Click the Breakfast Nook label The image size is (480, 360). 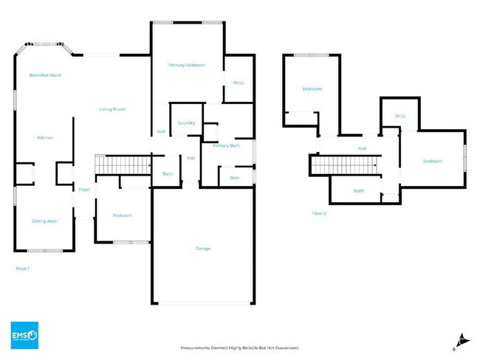45,75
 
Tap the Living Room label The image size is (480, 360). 113,109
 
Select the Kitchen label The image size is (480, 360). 45,138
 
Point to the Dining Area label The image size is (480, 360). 44,221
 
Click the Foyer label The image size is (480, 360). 85,190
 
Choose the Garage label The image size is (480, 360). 203,249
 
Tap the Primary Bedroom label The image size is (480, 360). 186,66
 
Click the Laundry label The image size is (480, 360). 186,122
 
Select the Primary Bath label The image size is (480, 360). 227,146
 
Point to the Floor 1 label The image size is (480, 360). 23,269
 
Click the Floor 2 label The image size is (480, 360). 319,213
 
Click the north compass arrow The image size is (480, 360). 462,339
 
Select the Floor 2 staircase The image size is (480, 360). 344,166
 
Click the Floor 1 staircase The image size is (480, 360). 123,165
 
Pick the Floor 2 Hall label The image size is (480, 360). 362,149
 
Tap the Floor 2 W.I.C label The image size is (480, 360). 401,116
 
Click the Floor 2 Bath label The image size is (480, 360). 359,190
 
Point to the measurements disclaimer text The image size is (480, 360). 240,347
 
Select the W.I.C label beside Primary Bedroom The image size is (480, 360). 239,83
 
